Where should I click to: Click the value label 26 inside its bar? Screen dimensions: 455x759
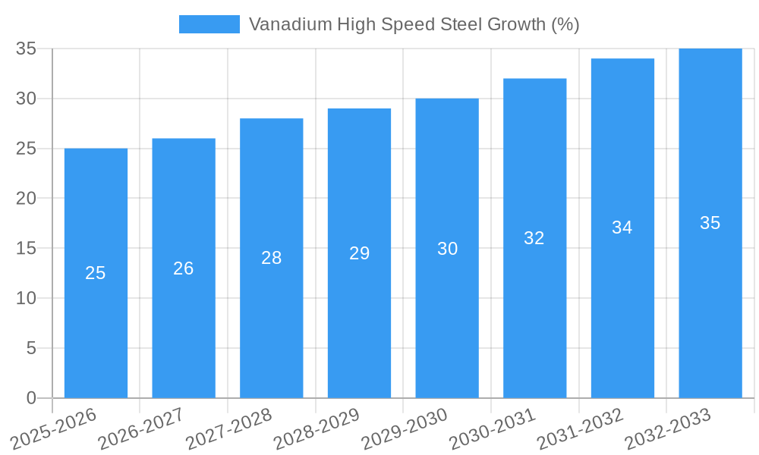pyautogui.click(x=184, y=268)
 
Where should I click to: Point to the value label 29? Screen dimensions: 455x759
pyautogui.click(x=360, y=253)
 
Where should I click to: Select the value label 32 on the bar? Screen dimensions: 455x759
pyautogui.click(x=534, y=238)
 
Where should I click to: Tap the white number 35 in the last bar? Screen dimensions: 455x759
pyautogui.click(x=710, y=223)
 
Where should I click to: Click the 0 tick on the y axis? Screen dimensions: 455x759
pyautogui.click(x=31, y=398)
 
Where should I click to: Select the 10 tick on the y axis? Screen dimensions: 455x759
pyautogui.click(x=27, y=298)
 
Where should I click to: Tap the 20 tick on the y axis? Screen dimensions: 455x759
pyautogui.click(x=27, y=198)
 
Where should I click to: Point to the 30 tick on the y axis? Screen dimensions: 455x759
pyautogui.click(x=27, y=99)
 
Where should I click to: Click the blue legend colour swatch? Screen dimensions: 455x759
pyautogui.click(x=209, y=24)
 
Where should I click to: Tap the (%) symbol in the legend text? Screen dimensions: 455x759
pyautogui.click(x=565, y=24)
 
